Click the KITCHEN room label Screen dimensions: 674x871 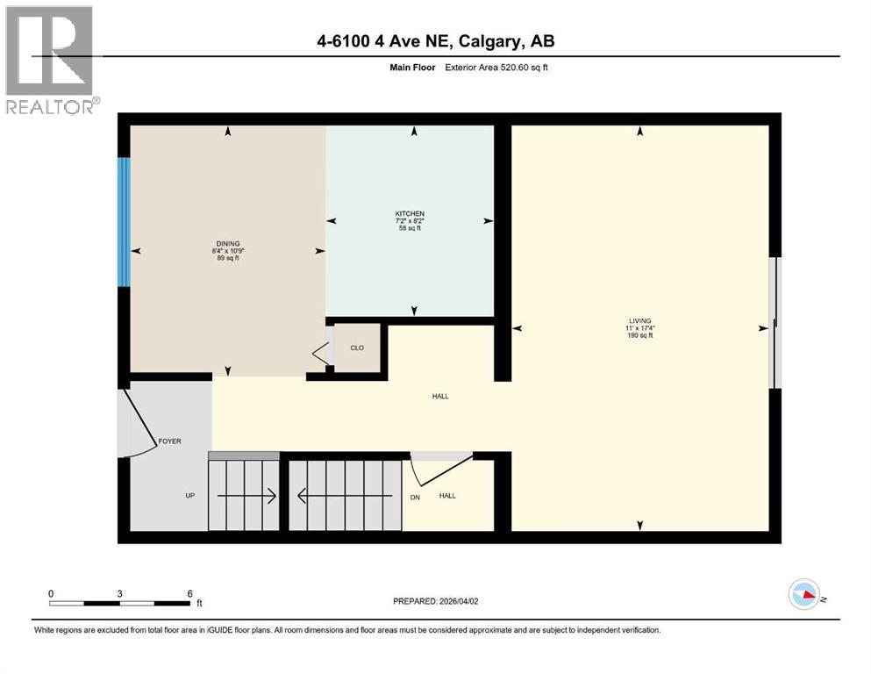click(410, 214)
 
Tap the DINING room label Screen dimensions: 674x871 click(228, 243)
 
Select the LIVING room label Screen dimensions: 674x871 click(639, 320)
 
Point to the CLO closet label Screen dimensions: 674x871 click(357, 348)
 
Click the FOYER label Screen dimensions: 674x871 click(169, 441)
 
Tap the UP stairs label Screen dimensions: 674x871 click(189, 496)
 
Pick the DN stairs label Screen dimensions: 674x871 click(415, 497)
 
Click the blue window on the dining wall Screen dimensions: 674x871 click(125, 222)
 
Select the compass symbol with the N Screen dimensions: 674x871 click(804, 595)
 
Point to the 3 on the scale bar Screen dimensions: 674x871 click(119, 592)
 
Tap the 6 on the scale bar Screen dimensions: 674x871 click(189, 592)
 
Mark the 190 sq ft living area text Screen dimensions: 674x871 click(639, 336)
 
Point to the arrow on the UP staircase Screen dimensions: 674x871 click(246, 497)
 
